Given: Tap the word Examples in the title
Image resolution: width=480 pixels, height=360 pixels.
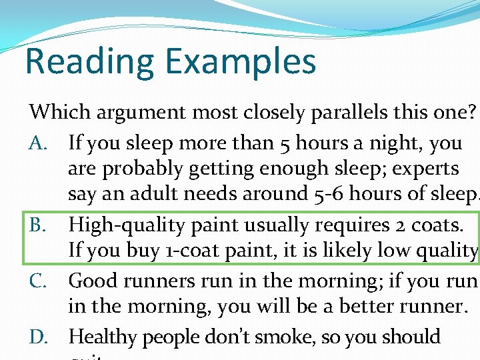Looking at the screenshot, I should click(241, 62).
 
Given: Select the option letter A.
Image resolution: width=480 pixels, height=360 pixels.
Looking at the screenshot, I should click(37, 143).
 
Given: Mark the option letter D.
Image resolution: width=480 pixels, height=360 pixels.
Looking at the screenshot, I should click(37, 337).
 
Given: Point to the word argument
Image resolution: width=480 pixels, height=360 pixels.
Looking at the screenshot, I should click(136, 112).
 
